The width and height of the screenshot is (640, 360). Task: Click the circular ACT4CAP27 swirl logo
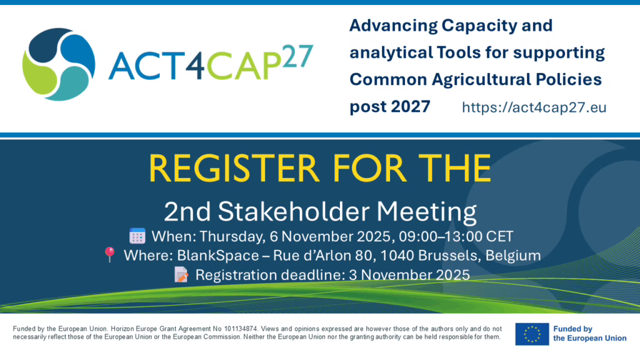coord(59,64)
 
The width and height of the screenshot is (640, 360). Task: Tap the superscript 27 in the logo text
coord(297,56)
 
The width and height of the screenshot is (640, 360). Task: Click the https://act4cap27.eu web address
coord(534,107)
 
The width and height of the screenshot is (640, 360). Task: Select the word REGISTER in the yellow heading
coord(234,168)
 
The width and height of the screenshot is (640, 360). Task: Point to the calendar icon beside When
coord(137,236)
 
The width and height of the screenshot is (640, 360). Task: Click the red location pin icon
coord(109,254)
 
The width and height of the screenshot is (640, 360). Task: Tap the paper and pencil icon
coord(181,275)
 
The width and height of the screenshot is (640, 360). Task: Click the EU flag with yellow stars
coord(532,334)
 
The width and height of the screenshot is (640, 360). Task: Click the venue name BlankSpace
coord(218,256)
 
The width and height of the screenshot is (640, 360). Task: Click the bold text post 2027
coord(390,106)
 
